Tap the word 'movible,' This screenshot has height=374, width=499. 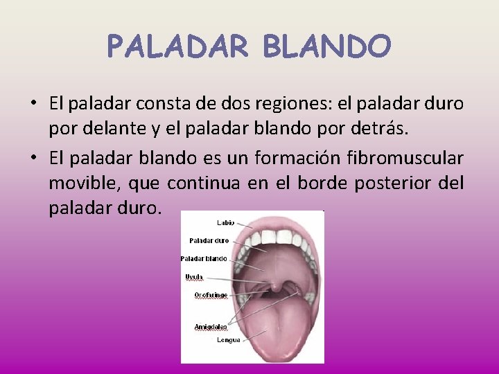[79, 183]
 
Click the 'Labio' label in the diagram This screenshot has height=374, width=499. [225, 223]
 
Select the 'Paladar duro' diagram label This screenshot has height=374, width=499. [209, 241]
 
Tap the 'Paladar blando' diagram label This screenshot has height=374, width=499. [204, 258]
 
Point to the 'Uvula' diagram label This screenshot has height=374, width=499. [194, 276]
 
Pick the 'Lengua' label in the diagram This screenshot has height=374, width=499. [228, 339]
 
